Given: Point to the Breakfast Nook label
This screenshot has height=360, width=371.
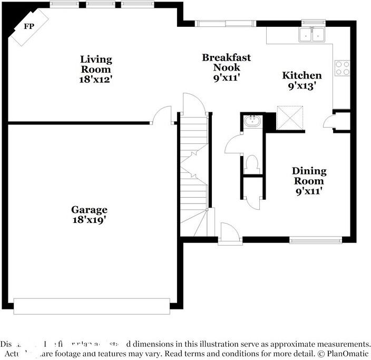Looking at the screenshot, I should point(226,62).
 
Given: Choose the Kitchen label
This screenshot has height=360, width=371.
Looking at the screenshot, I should point(302,75).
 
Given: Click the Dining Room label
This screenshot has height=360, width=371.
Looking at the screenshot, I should point(309,176).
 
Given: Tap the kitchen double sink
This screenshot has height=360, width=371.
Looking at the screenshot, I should point(312,35).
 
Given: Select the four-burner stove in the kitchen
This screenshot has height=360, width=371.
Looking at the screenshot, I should point(342,67).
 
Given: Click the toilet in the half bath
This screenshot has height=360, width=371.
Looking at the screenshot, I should point(251,163).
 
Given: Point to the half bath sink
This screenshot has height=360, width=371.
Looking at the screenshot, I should point(252,122).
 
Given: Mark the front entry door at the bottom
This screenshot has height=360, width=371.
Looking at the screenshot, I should point(230,235).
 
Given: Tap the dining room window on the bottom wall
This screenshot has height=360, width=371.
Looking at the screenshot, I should point(310,240).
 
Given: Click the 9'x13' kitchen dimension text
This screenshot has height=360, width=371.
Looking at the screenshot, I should point(302,86).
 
